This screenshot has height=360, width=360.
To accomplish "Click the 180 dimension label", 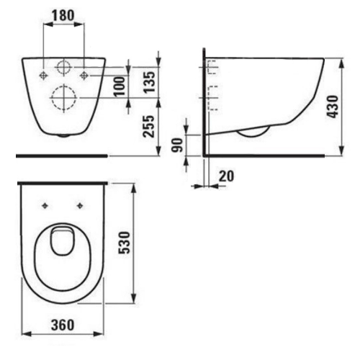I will [x=64, y=14].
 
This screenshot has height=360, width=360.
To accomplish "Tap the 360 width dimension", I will [x=63, y=326].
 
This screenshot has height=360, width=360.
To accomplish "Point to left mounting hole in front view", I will [x=44, y=74].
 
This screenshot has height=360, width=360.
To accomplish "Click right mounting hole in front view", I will [x=84, y=74].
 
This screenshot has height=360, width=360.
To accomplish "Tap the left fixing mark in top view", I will [x=45, y=205].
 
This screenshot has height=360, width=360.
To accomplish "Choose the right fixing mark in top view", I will [x=79, y=205].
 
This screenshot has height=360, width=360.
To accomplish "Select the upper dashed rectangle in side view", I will [x=212, y=69].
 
